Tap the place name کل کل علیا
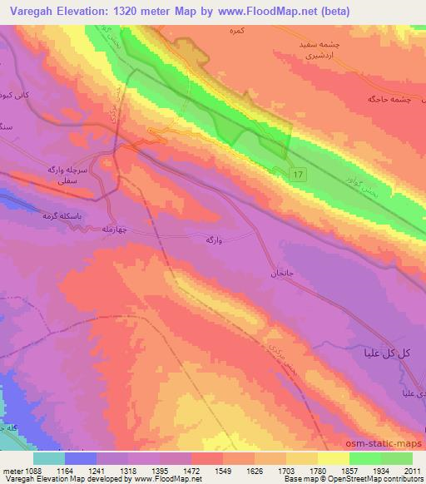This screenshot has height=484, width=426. point(387,353)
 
